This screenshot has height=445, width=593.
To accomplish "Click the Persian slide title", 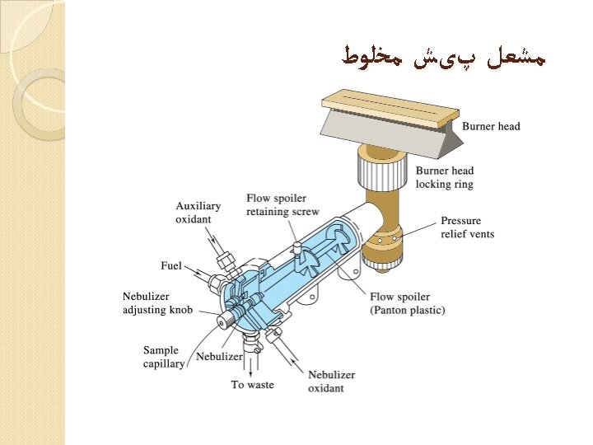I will (444, 58).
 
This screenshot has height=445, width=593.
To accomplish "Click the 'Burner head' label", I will (491, 127).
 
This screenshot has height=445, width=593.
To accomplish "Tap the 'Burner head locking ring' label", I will (445, 178).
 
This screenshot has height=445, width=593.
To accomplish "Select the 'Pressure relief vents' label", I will (467, 227).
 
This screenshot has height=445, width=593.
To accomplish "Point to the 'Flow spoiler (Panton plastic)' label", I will (407, 304).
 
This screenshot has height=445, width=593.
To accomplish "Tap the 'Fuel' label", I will (170, 266).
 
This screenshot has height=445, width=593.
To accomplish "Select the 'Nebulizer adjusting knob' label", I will (157, 303).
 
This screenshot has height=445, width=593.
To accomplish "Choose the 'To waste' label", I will (252, 385).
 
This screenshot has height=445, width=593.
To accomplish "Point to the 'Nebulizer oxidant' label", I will (326, 382).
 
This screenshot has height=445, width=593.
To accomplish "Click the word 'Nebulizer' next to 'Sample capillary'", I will (218, 357).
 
